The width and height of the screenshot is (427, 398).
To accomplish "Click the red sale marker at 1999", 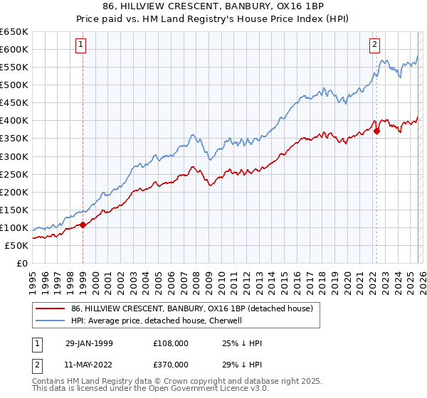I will pos(83,225).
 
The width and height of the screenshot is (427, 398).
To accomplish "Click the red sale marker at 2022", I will pos(376,131).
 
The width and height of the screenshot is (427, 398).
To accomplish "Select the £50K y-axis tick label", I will pos(16,246).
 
